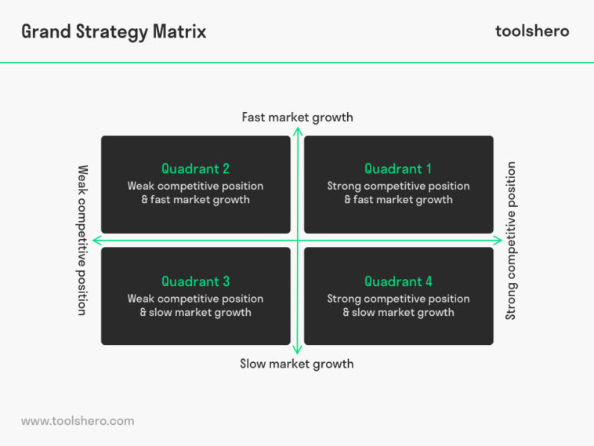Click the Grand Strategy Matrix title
(114, 31)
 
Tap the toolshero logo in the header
(532, 31)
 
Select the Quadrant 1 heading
(398, 169)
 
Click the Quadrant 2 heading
(195, 169)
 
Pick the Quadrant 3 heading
(195, 281)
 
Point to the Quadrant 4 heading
(398, 281)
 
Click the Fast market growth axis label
(297, 118)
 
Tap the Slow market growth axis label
(297, 364)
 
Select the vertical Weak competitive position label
(81, 240)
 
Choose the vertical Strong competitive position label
(511, 240)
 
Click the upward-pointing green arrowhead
(298, 131)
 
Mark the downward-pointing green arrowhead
(298, 350)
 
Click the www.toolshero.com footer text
(78, 421)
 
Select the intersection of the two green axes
(298, 240)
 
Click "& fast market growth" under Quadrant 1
(398, 200)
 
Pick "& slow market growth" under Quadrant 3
(195, 313)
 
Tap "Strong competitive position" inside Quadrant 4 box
(398, 299)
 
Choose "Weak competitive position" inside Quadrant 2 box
(195, 186)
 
